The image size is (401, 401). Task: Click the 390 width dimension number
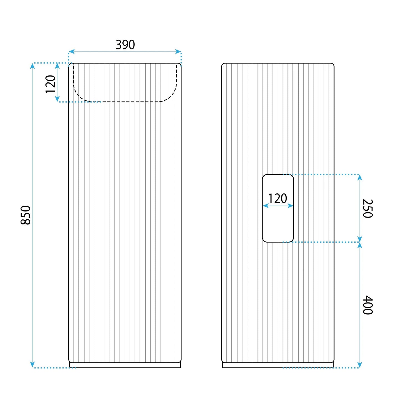coord(125,44)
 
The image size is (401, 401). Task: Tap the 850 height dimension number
coord(26,215)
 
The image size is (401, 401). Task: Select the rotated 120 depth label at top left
coord(51,84)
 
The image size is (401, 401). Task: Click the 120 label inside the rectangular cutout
coord(278,198)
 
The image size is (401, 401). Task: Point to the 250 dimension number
coord(367,208)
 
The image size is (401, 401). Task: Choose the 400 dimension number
coord(367,305)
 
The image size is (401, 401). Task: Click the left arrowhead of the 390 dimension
coord(71,52)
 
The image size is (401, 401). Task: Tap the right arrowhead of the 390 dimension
coord(178,52)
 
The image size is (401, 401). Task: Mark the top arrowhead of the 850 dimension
coord(32,66)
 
